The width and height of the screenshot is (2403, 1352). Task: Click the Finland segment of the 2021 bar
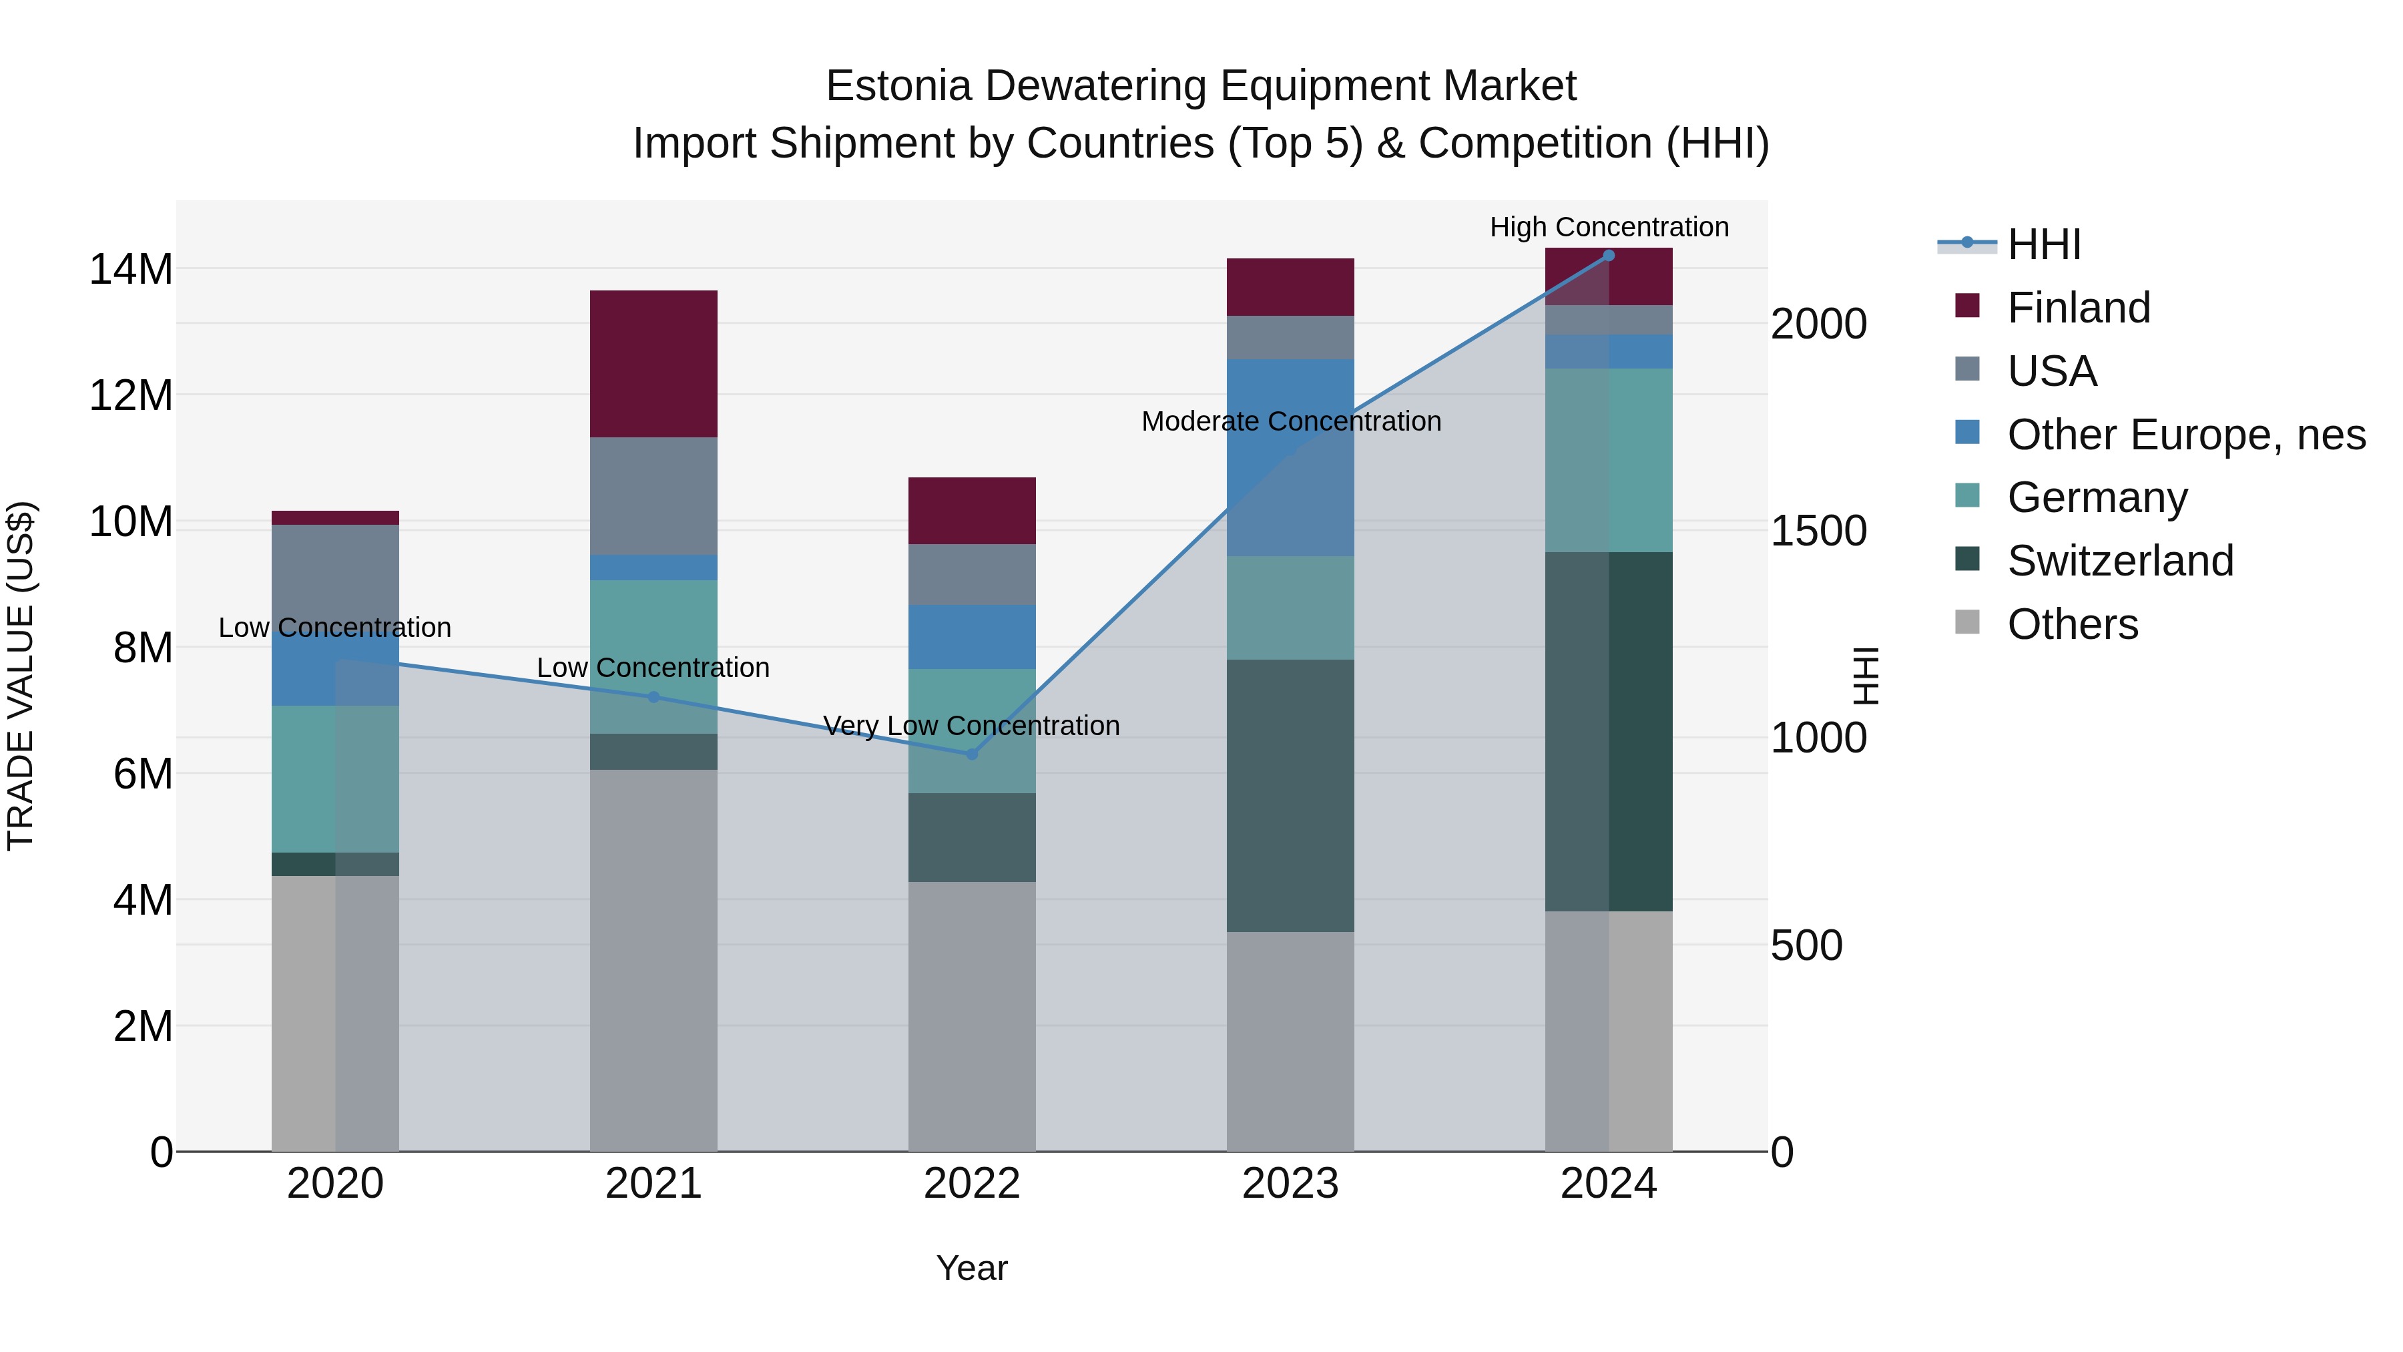click(x=653, y=364)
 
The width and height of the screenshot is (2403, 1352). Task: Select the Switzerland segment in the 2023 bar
click(x=1290, y=795)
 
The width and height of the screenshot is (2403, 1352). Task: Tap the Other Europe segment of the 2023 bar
click(x=1290, y=457)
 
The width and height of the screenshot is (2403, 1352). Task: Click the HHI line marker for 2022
click(x=972, y=754)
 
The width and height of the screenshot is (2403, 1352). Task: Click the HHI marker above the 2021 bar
click(x=653, y=697)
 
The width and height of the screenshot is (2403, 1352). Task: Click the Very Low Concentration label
click(x=971, y=725)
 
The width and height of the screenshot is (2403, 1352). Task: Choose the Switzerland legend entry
click(x=2119, y=561)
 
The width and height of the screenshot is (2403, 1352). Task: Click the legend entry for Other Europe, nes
click(x=2185, y=435)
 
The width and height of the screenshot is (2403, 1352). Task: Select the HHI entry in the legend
click(x=2043, y=244)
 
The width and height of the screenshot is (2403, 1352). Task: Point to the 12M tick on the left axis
click(x=131, y=396)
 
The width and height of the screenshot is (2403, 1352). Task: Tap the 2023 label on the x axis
click(x=1290, y=1184)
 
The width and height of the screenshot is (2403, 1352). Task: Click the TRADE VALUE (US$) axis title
click(x=21, y=676)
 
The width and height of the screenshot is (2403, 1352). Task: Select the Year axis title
click(x=971, y=1268)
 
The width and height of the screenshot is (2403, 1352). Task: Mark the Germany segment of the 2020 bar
click(x=335, y=778)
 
